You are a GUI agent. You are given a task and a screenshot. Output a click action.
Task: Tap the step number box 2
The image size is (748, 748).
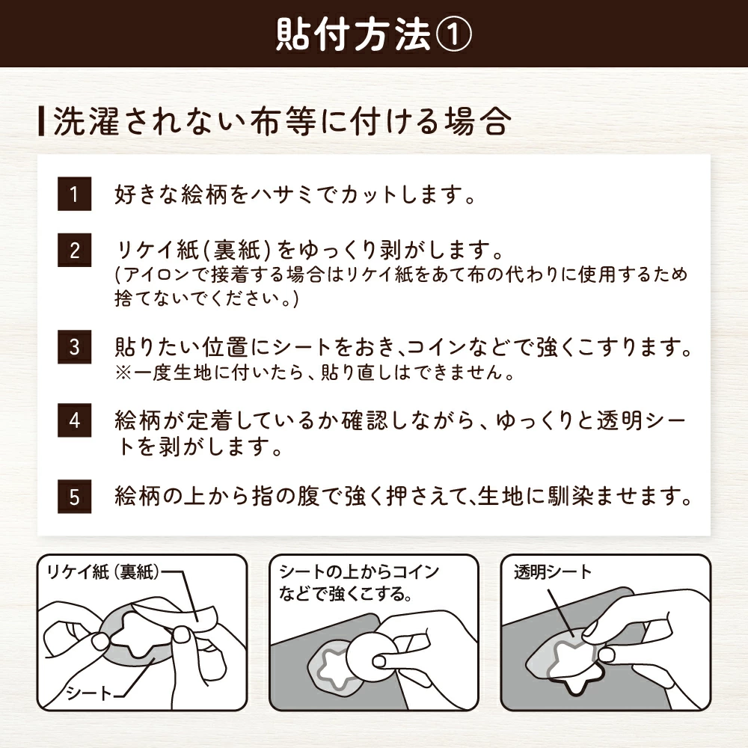[74, 250]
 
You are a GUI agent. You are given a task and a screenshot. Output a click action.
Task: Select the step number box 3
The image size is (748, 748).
[74, 348]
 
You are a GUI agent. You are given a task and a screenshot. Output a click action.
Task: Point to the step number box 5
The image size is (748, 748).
[74, 497]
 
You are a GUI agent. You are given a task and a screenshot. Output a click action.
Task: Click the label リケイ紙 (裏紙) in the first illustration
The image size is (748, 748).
[105, 572]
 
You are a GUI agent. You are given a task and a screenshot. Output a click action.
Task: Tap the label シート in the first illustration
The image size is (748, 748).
[88, 692]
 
